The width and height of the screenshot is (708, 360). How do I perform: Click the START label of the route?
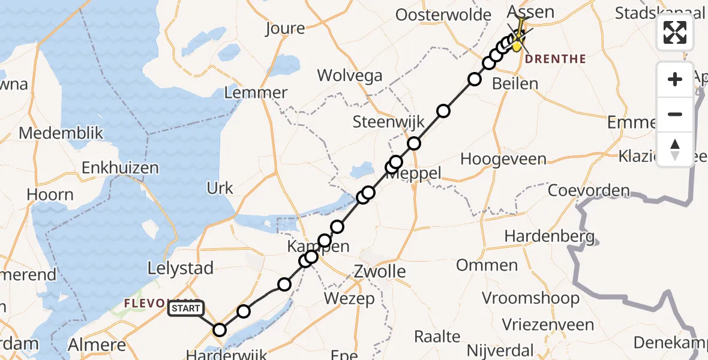186,309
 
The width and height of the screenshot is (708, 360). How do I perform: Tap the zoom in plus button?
675,79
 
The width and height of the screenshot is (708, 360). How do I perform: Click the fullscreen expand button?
675,32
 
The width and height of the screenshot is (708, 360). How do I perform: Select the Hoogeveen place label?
503,159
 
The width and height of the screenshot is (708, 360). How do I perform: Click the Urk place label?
220,188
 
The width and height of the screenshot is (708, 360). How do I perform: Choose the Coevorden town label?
589,191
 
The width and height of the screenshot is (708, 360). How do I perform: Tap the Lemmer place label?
256,92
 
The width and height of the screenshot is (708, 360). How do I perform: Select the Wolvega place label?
350,75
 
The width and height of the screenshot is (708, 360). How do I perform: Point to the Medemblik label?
61,133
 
